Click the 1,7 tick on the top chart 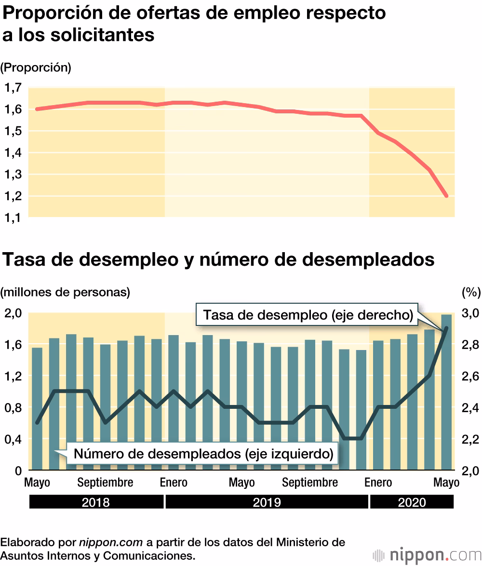click(13, 88)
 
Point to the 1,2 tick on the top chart click(13, 196)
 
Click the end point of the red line click(446, 196)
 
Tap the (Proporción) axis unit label click(36, 67)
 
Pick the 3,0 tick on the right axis click(470, 313)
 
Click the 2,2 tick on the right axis click(470, 439)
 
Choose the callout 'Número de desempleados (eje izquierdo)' click(203, 454)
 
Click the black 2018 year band click(96, 502)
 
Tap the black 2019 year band click(267, 502)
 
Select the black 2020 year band click(412, 502)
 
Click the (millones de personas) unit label click(66, 292)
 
